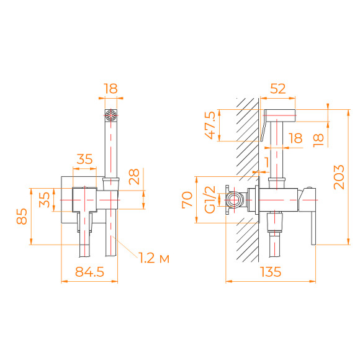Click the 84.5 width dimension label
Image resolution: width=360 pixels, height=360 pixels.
[x=89, y=272]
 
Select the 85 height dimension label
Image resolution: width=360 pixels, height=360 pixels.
[x=22, y=217]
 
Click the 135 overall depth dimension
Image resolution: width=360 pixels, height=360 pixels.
[x=270, y=272]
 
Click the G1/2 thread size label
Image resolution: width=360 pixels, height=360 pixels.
[x=210, y=200]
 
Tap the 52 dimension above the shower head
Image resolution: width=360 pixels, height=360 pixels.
[x=279, y=89]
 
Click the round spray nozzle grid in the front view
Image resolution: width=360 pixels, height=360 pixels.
[x=110, y=115]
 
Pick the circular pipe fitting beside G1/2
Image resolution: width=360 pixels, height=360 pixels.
[x=235, y=200]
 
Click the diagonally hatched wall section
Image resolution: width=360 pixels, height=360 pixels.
[x=248, y=180]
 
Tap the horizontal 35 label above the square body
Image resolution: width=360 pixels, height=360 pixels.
[x=84, y=159]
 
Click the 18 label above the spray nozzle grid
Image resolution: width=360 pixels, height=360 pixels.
[x=110, y=89]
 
